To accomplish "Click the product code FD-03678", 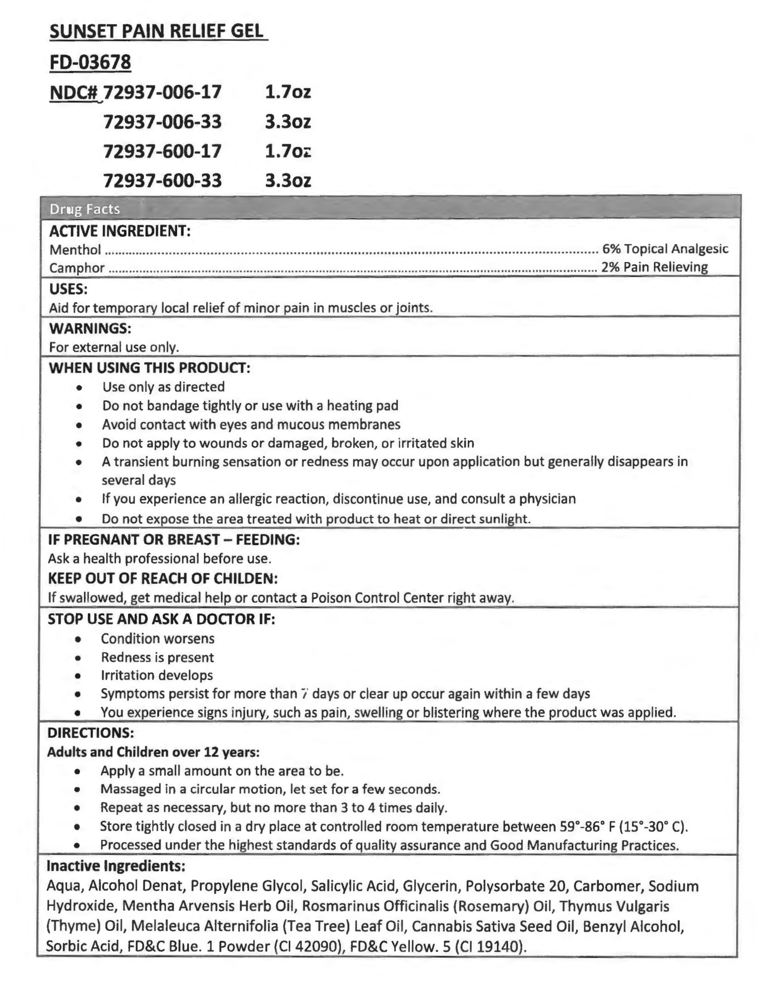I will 90,62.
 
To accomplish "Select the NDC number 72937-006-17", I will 162,92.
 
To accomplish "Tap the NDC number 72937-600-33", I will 162,180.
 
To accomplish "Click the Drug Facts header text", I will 84,209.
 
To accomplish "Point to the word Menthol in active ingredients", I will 75,249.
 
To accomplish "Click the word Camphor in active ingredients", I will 77,268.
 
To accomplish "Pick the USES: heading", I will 68,288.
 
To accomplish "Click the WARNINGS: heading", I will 90,328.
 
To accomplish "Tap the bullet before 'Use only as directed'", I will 79,387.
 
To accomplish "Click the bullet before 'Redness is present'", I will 78,658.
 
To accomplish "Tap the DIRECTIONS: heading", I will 91,733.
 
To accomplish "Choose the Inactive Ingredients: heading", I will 116,866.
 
